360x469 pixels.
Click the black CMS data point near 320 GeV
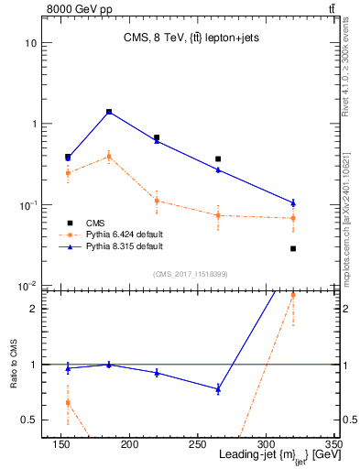point(293,248)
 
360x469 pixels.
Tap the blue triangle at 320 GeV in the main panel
point(293,202)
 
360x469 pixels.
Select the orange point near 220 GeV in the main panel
point(157,201)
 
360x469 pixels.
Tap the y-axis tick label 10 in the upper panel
point(31,43)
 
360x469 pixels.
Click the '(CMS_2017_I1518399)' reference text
point(190,273)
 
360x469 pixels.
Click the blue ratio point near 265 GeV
point(218,388)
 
